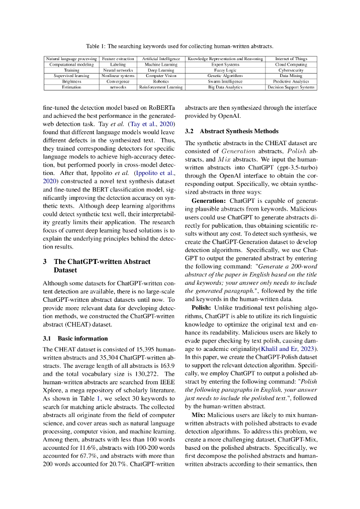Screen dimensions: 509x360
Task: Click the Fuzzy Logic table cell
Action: click(225, 70)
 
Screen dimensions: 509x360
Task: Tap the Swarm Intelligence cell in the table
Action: click(225, 81)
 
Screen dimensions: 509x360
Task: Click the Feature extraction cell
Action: click(118, 59)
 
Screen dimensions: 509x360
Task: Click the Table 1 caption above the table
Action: click(180, 46)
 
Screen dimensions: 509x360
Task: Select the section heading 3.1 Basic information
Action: click(75, 339)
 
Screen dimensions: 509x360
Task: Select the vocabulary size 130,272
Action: click(148, 374)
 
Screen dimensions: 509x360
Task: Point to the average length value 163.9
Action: click(166, 365)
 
